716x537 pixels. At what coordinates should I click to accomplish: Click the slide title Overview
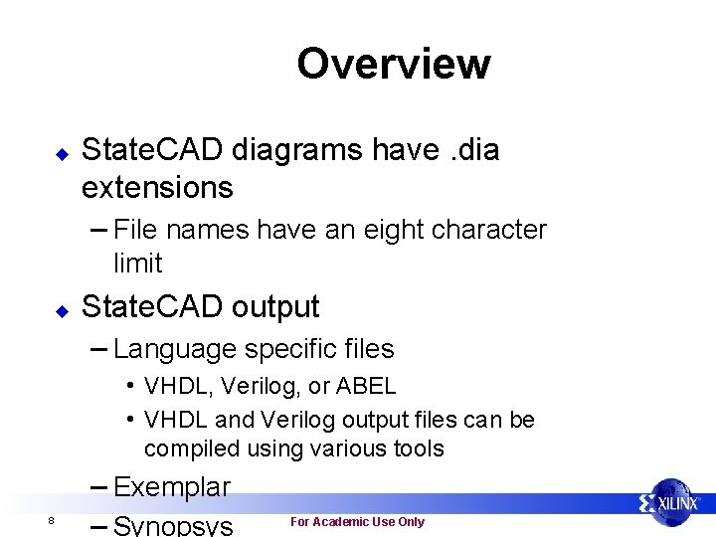393,64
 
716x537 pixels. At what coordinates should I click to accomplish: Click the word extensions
157,187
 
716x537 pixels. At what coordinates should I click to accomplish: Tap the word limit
138,264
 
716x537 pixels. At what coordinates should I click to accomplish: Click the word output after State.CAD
275,307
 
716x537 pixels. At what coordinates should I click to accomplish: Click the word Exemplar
172,487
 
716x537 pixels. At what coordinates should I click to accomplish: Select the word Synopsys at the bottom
174,525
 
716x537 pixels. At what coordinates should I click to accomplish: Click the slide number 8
50,522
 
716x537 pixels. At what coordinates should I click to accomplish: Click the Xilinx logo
672,503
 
